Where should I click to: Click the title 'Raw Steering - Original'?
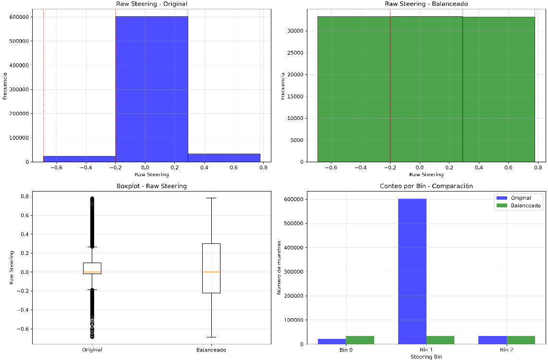151,4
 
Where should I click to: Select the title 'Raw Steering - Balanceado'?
426,4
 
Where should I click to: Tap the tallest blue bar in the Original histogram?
151,89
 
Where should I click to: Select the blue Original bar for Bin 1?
412,271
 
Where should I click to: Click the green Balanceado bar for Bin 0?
360,340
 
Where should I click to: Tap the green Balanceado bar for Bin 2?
521,340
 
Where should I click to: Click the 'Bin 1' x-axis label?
426,350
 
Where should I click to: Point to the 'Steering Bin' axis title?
426,357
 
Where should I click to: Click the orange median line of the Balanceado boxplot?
211,272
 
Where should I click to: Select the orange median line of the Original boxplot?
92,272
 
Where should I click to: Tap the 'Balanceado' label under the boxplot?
211,350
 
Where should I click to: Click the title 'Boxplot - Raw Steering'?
151,186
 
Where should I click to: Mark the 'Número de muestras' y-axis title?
280,267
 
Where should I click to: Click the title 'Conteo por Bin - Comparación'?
426,186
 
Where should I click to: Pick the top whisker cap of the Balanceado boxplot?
211,198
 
